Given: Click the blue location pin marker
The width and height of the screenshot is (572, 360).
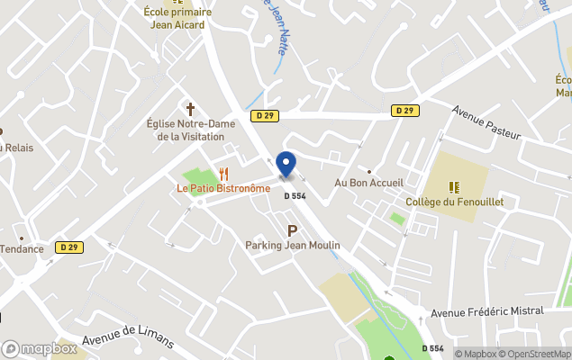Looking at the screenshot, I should pyautogui.click(x=286, y=165).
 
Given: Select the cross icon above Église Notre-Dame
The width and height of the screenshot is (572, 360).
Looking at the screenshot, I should pyautogui.click(x=190, y=108).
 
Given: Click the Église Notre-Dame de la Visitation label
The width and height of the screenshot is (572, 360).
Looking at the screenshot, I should pyautogui.click(x=190, y=130).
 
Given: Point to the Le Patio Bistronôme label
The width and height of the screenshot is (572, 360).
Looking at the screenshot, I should pyautogui.click(x=222, y=188).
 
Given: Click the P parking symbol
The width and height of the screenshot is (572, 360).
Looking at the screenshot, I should pyautogui.click(x=292, y=231).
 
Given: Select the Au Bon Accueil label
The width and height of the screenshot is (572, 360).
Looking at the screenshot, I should pyautogui.click(x=368, y=183).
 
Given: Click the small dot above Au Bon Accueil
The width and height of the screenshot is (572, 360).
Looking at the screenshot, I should pyautogui.click(x=369, y=170).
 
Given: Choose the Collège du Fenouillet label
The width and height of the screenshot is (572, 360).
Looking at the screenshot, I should pyautogui.click(x=454, y=202).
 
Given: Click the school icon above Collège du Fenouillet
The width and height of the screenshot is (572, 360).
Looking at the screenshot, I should pyautogui.click(x=454, y=187).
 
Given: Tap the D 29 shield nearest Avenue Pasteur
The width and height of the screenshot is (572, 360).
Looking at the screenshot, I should pyautogui.click(x=404, y=110).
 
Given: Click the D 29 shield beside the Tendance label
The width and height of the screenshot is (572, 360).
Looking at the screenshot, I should pyautogui.click(x=68, y=247).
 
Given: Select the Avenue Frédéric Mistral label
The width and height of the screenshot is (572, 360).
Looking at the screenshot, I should pyautogui.click(x=487, y=311).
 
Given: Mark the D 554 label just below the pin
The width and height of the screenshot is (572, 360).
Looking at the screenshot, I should pyautogui.click(x=295, y=196).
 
